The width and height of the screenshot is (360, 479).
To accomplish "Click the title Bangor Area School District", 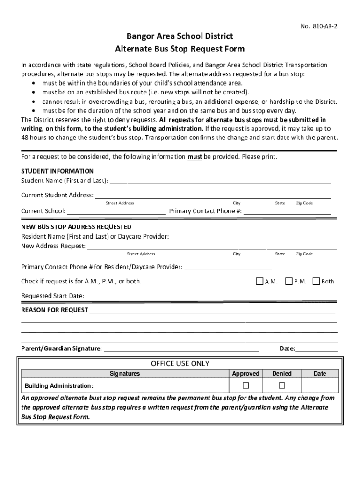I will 180,36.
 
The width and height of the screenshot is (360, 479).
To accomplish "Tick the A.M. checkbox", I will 259,281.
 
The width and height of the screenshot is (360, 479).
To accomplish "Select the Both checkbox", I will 317,281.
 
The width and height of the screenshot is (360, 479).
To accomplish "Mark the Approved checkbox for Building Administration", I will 245,385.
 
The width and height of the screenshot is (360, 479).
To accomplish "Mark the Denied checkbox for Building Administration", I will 281,385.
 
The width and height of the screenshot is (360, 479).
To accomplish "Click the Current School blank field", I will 116,212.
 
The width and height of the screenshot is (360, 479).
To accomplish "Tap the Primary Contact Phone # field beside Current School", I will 287,212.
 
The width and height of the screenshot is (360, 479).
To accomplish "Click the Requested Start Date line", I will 172,297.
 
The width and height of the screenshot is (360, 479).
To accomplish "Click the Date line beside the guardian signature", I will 317,349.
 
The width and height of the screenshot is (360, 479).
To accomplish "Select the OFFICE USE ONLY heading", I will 180,363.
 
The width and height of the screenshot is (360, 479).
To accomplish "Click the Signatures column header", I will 124,373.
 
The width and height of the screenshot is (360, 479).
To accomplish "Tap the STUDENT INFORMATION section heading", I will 58,171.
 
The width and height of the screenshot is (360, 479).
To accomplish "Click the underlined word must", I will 194,157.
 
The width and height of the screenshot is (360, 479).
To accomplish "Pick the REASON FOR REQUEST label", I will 55,310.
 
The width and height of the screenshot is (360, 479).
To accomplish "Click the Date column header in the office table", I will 320,373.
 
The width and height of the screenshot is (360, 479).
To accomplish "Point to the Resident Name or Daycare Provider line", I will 253,238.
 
